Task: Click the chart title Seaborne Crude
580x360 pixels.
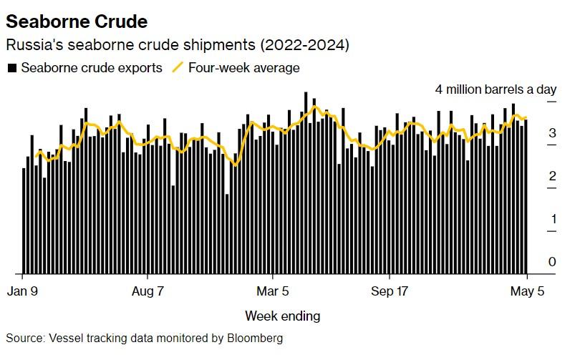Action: pyautogui.click(x=77, y=21)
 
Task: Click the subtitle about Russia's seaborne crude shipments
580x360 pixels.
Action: pyautogui.click(x=177, y=45)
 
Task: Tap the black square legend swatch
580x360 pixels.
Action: pyautogui.click(x=11, y=68)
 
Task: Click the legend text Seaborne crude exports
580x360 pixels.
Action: pyautogui.click(x=92, y=68)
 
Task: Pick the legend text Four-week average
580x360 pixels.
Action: pyautogui.click(x=243, y=68)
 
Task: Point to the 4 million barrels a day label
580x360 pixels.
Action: pyautogui.click(x=496, y=89)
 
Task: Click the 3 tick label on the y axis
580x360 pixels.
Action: pyautogui.click(x=552, y=133)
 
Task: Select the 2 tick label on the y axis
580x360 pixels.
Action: pyautogui.click(x=552, y=176)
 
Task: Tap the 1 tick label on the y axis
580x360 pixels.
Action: pyautogui.click(x=552, y=219)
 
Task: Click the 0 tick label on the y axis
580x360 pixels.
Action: pyautogui.click(x=552, y=262)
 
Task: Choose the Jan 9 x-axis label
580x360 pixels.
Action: pyautogui.click(x=23, y=292)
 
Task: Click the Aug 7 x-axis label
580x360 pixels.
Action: pyautogui.click(x=148, y=292)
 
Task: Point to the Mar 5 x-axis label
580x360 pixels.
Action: pyautogui.click(x=273, y=292)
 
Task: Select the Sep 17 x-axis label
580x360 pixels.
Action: pyautogui.click(x=391, y=292)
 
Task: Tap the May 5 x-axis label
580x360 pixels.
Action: pyautogui.click(x=527, y=292)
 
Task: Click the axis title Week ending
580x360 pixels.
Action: pyautogui.click(x=282, y=316)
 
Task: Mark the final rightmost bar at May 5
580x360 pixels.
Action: pyautogui.click(x=526, y=197)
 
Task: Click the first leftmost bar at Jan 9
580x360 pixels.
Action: pyautogui.click(x=24, y=220)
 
